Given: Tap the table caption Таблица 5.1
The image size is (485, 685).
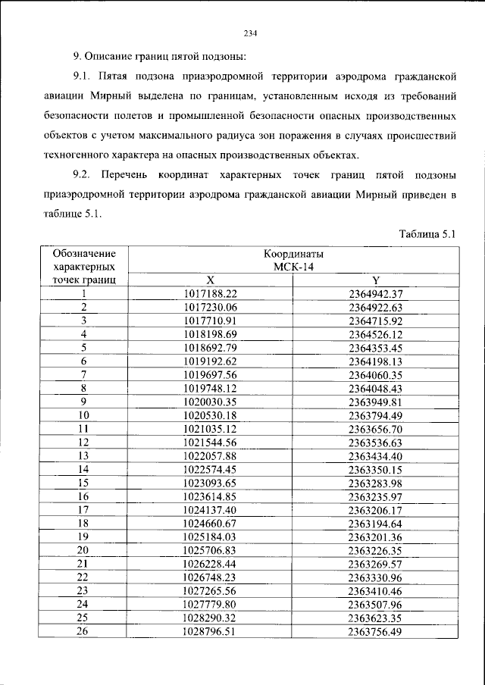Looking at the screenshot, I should pos(426,233).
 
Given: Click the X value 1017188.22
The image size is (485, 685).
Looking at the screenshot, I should pos(210,293).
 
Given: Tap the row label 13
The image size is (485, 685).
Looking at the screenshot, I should pos(83,455).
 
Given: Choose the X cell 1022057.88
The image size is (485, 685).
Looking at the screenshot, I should pos(210,455).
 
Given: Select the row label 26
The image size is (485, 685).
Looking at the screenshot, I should pos(83,630).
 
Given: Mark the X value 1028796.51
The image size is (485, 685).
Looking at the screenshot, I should pos(210,630).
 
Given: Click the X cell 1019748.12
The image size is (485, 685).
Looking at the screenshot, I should pos(210,388).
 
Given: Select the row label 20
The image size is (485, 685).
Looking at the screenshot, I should pos(83,549).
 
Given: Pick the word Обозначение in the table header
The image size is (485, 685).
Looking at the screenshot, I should pos(85,254).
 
